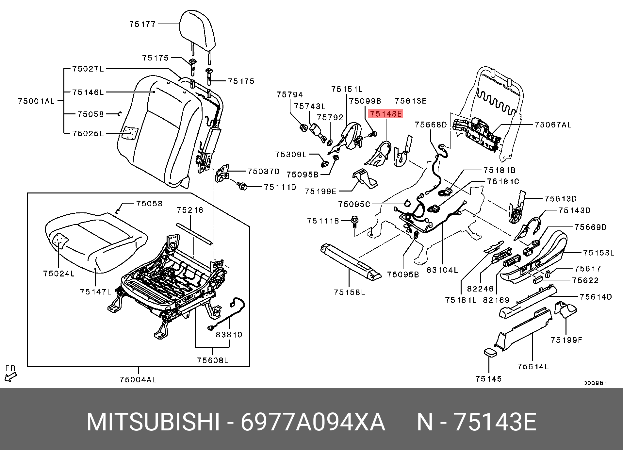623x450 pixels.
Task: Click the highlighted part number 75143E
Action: [385, 114]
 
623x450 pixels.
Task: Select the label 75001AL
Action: [36, 101]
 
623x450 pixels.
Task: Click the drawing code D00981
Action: [595, 383]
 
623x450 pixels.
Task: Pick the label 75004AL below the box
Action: [138, 379]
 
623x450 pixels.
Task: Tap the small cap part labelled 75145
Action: [490, 353]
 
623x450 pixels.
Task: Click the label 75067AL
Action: [553, 125]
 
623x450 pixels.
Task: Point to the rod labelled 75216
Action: [194, 234]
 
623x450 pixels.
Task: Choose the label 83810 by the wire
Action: [229, 334]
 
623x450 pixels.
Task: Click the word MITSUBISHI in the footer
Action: [153, 422]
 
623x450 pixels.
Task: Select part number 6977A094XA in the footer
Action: [313, 422]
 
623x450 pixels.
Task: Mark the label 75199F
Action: [566, 340]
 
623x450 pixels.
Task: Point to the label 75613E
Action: [410, 101]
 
